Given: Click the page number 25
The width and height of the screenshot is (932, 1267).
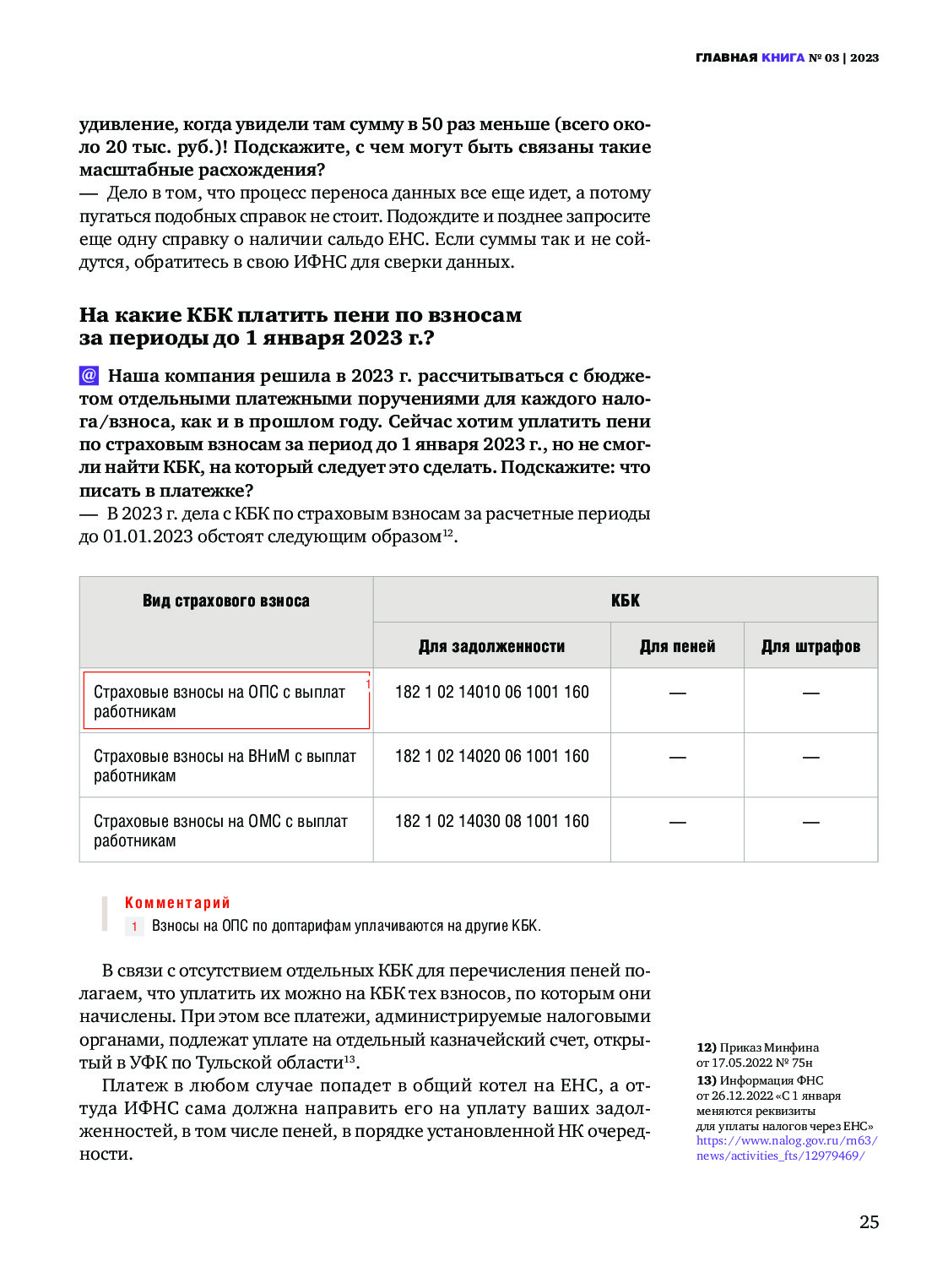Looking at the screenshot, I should pos(869,1221).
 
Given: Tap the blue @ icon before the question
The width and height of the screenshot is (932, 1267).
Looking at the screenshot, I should pos(89,375).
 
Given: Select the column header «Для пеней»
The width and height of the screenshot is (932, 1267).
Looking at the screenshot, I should pos(677,646).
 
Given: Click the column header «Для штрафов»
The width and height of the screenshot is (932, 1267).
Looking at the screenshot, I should pos(810,646).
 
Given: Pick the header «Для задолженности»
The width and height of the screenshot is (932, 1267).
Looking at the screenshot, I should pos(491,646).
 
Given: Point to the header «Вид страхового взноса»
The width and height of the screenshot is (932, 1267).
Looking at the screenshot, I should pos(225,601).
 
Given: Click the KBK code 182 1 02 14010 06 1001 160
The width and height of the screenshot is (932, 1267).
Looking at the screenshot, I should pos(491,692).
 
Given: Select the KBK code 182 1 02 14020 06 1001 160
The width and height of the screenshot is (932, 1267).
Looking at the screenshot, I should pos(491,756).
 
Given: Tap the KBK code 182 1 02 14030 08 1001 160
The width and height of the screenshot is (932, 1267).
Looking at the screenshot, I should pos(491,821).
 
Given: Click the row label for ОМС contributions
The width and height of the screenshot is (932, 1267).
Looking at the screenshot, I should pos(220,830).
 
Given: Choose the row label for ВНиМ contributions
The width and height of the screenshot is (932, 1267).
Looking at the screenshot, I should pos(225,765).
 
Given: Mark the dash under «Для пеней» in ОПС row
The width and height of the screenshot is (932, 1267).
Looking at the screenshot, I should pos(677,693).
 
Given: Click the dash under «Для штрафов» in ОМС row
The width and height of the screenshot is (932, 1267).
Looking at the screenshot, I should pos(810,822).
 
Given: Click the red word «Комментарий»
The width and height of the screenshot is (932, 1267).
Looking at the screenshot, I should pos(177,903).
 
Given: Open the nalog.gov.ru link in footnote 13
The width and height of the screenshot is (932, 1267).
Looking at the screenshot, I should pos(786,1148).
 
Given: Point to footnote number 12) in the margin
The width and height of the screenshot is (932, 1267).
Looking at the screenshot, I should pos(707,1047).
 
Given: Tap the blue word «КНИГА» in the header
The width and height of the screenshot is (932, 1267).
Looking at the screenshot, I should pos(783,57).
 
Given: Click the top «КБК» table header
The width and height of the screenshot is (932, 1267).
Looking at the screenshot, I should pos(625,601).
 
